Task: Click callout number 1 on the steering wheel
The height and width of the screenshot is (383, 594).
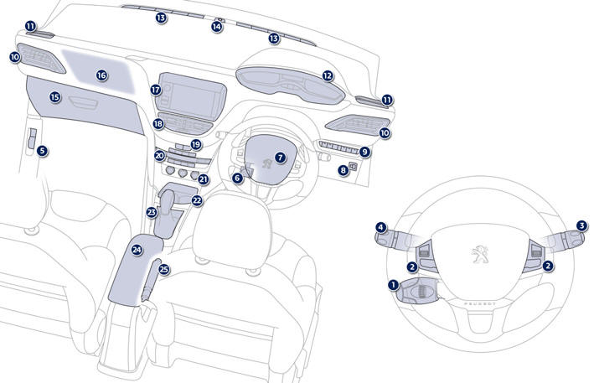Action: (x=393, y=285)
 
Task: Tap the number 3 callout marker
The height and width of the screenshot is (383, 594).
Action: (x=581, y=226)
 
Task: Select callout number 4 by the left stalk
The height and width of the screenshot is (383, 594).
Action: (x=380, y=226)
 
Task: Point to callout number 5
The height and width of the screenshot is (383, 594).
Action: (x=41, y=151)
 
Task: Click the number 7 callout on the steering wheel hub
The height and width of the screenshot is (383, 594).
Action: (x=280, y=157)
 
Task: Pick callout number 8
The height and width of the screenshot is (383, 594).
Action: (x=343, y=171)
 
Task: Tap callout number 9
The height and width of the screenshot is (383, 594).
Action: (x=364, y=152)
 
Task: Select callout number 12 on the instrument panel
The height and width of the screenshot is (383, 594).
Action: (x=328, y=75)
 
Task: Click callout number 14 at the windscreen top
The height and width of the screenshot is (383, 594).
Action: (x=217, y=27)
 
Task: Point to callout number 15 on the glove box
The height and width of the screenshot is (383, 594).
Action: (x=54, y=97)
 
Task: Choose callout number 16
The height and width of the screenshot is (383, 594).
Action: (x=101, y=75)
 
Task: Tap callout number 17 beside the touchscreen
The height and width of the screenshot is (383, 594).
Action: (x=156, y=90)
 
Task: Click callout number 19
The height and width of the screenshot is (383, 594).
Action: (x=196, y=144)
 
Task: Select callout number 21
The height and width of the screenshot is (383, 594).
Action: (x=203, y=179)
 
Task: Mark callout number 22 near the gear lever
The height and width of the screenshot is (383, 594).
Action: (x=197, y=201)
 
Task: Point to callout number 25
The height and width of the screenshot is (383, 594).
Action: (x=164, y=269)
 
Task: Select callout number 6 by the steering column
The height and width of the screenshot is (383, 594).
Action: (x=237, y=177)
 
